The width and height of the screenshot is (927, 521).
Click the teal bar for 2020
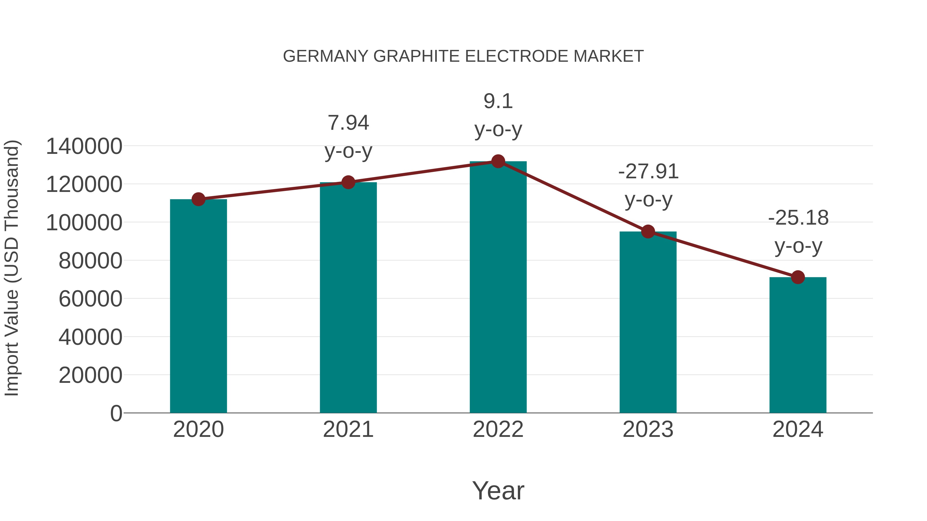pos(198,306)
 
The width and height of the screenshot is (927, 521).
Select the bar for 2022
pos(498,288)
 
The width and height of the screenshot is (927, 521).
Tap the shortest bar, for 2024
pos(798,345)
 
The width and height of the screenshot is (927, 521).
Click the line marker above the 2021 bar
pos(348,182)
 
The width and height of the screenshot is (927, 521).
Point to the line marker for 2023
pos(648,232)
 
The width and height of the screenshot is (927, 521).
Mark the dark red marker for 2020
pos(198,199)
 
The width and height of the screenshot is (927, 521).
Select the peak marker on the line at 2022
pos(498,161)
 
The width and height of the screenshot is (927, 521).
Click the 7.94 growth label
pos(348,123)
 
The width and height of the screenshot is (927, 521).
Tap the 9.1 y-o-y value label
pos(498,101)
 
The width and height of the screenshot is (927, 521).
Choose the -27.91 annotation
pos(648,172)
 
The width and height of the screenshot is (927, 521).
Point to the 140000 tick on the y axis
pos(84,146)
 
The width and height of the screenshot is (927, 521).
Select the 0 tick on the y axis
pos(116,413)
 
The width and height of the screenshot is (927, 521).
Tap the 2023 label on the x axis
pos(648,429)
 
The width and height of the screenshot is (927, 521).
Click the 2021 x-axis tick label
pos(348,429)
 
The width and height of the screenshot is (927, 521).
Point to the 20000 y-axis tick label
pos(90,375)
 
